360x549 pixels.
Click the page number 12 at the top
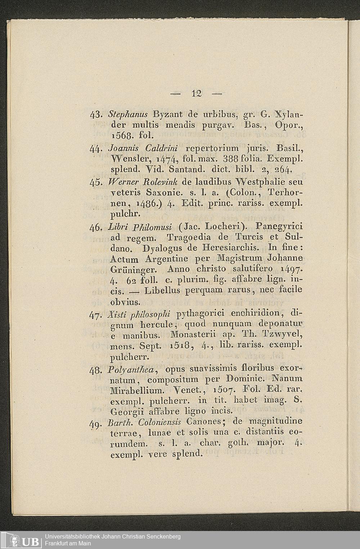click(x=196, y=93)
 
